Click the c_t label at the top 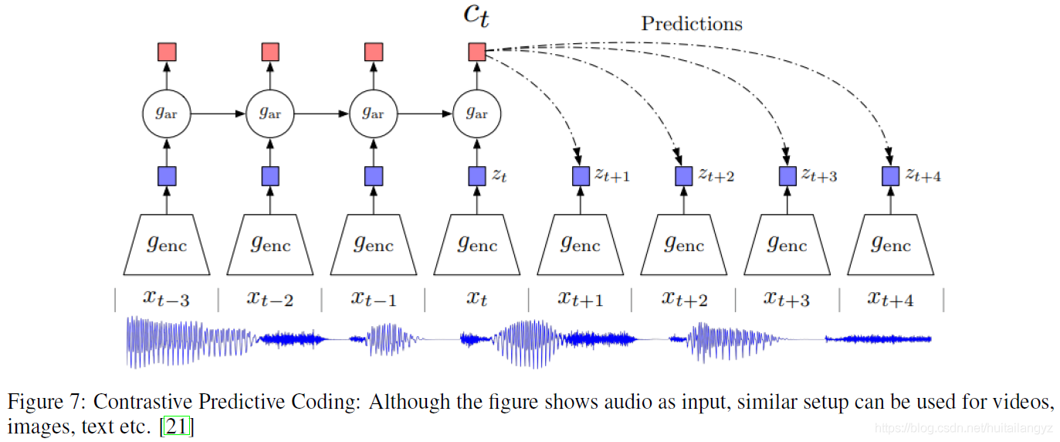[476, 16]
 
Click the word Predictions [691, 24]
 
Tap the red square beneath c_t [476, 52]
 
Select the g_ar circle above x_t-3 [167, 114]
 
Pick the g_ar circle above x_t [476, 114]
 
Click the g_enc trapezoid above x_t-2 [270, 245]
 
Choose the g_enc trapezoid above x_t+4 [890, 245]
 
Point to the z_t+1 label [611, 175]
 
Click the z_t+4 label [923, 175]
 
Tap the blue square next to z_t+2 [684, 176]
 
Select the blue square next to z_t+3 [787, 176]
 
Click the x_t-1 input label [374, 298]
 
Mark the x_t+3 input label [787, 298]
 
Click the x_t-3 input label [167, 298]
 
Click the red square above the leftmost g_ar [167, 52]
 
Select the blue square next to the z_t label [476, 176]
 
